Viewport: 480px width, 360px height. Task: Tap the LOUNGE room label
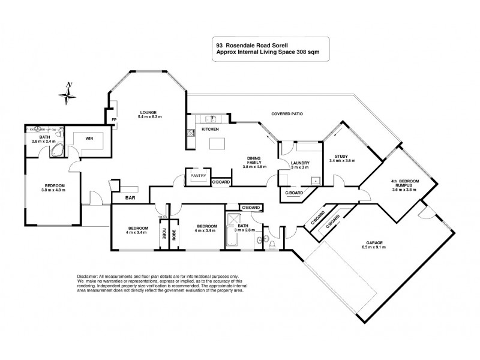pos(148,112)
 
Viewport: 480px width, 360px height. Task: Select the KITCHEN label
pos(210,129)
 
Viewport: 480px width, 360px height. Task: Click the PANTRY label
pos(198,176)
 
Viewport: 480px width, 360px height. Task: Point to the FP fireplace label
pos(113,121)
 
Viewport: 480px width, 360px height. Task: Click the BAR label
pos(130,197)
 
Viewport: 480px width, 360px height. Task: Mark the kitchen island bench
pos(218,143)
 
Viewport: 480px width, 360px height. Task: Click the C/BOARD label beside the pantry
pos(221,181)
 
